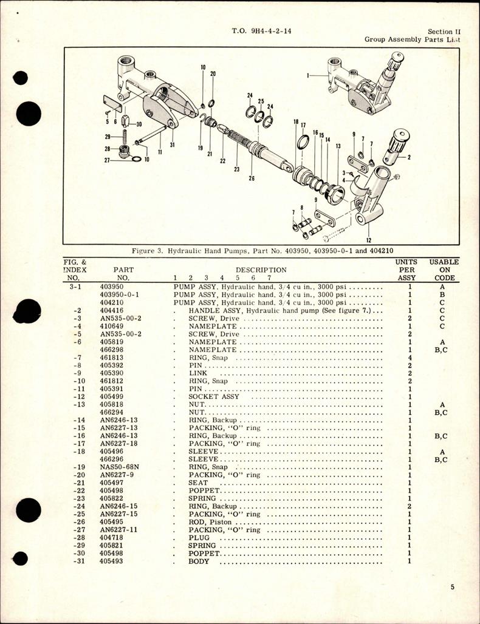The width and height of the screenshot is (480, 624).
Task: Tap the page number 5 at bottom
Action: [x=454, y=587]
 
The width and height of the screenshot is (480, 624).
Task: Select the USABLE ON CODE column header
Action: [x=444, y=270]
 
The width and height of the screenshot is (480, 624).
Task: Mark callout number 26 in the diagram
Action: [x=251, y=179]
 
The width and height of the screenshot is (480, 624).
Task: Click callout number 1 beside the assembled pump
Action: [x=309, y=76]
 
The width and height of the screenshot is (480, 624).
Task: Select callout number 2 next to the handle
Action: [x=408, y=157]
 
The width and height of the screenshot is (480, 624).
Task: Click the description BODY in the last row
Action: [x=199, y=561]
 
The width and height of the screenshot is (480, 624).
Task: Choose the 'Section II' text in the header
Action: [x=440, y=32]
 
